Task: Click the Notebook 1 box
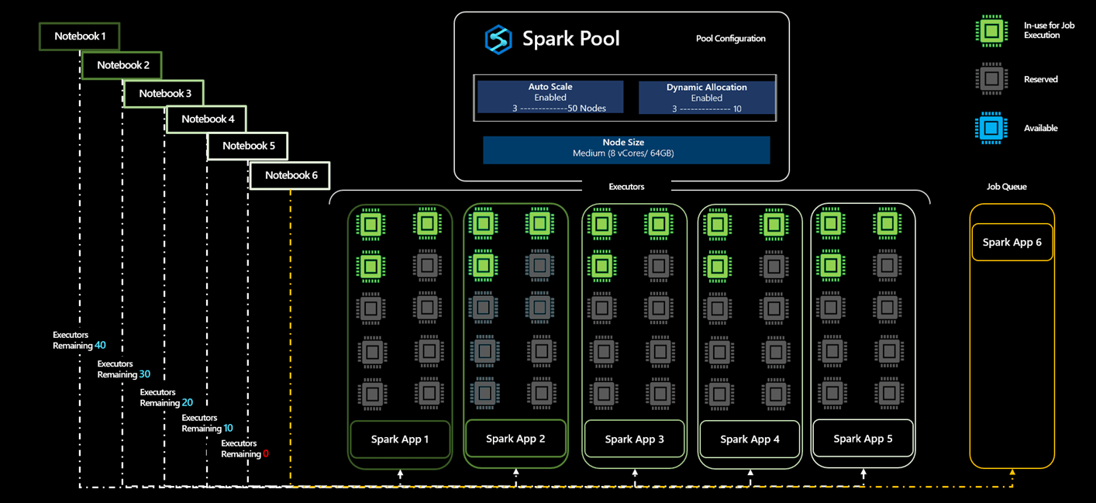click(79, 36)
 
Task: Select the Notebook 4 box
click(207, 119)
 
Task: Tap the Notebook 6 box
click(290, 175)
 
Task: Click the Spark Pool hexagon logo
click(498, 39)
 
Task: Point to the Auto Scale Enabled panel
click(550, 98)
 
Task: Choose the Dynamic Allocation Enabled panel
click(706, 98)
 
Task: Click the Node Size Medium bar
click(626, 148)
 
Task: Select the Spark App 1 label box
click(399, 439)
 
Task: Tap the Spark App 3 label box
click(634, 439)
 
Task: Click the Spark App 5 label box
click(863, 439)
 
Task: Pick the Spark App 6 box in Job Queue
click(1012, 243)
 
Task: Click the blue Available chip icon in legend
click(991, 129)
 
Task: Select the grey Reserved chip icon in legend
click(991, 79)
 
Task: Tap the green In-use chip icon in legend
click(991, 31)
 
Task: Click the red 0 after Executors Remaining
click(266, 454)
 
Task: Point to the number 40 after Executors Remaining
click(100, 346)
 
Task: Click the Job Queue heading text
click(1006, 187)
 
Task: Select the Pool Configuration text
click(730, 39)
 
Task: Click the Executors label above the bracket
click(626, 187)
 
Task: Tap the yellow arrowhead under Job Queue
click(1012, 472)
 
